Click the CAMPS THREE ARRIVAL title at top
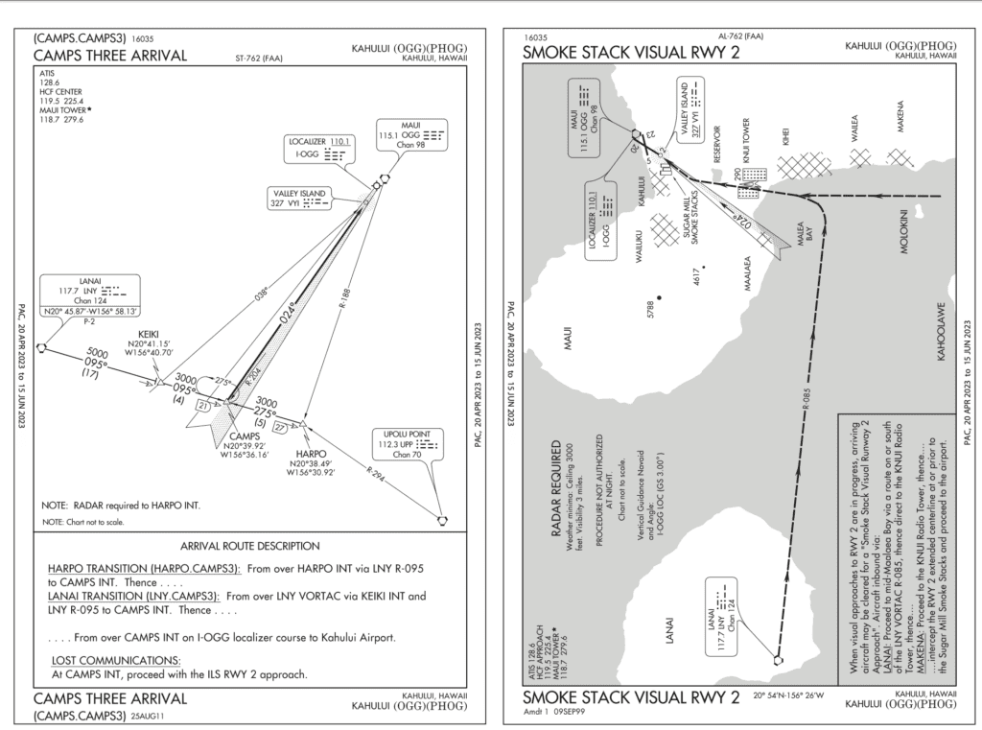[x=108, y=55]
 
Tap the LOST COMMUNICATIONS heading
[x=116, y=660]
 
